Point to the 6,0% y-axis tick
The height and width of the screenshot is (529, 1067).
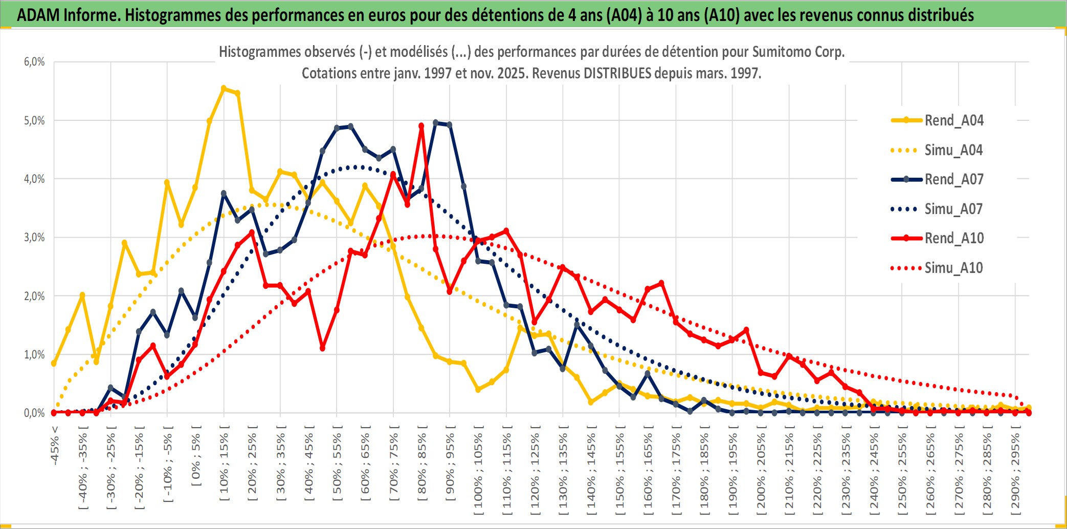click(34, 62)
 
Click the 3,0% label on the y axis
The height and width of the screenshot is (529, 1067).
click(34, 238)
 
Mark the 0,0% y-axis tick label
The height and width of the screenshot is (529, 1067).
click(34, 413)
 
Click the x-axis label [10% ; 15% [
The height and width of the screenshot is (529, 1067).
click(224, 466)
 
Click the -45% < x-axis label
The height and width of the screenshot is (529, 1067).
click(55, 446)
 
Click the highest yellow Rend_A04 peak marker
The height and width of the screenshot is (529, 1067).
click(224, 89)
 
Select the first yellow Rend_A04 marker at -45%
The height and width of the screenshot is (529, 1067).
click(54, 363)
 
